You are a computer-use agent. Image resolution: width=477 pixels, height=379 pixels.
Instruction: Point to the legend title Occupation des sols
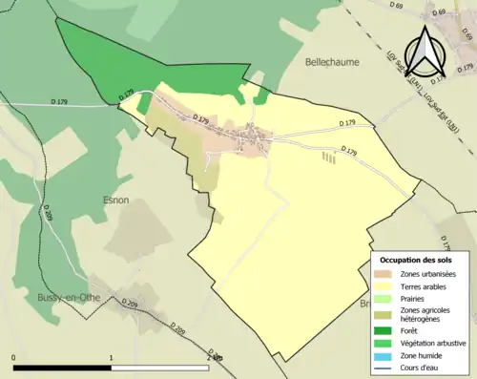(x=416, y=260)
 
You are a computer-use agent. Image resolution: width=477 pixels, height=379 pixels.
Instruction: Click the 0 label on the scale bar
(x=14, y=358)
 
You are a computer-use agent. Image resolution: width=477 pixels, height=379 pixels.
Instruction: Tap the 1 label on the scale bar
(x=113, y=358)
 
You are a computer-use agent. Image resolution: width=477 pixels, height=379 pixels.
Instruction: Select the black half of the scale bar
(x=63, y=368)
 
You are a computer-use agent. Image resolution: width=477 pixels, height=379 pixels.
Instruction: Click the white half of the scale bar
(x=161, y=368)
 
